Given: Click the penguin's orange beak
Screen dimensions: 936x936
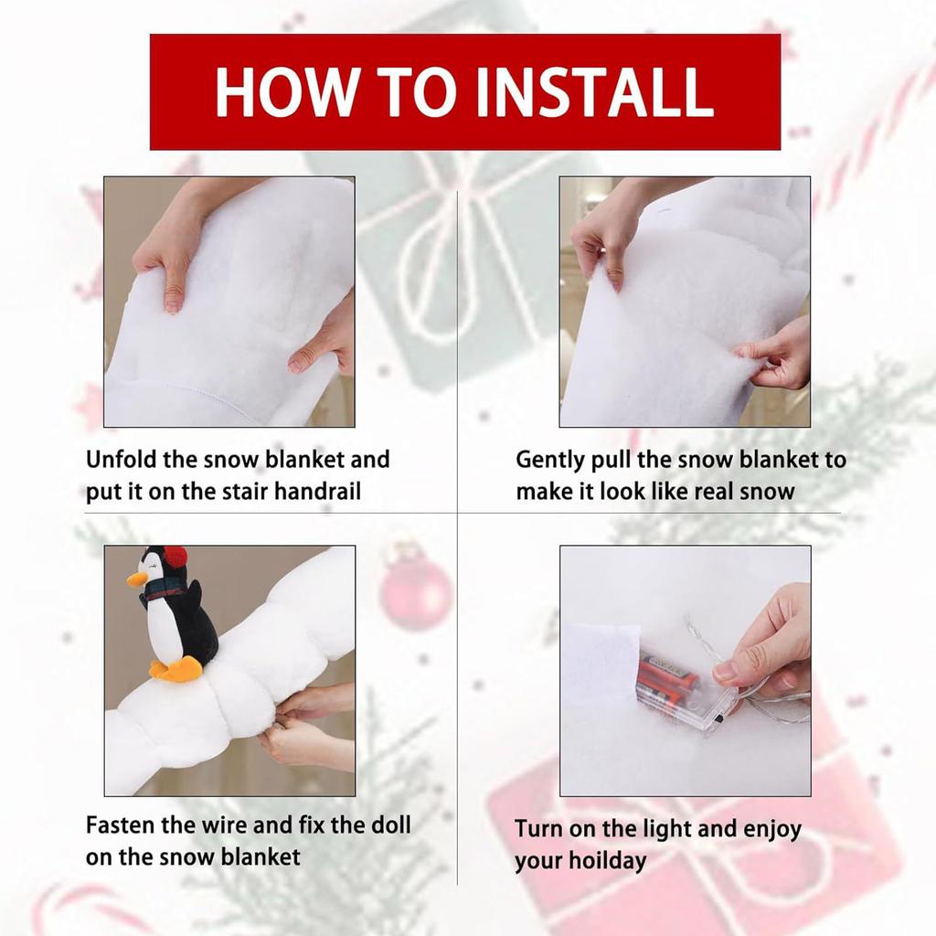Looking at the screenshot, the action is click(137, 580).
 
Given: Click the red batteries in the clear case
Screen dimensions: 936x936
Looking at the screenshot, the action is click(668, 679).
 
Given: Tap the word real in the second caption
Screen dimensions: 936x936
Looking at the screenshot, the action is click(711, 492).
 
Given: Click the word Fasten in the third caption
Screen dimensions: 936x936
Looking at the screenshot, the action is click(121, 825).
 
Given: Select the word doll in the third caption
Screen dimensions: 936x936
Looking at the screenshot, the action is click(391, 825).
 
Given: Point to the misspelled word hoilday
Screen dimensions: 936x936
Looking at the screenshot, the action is click(608, 861).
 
